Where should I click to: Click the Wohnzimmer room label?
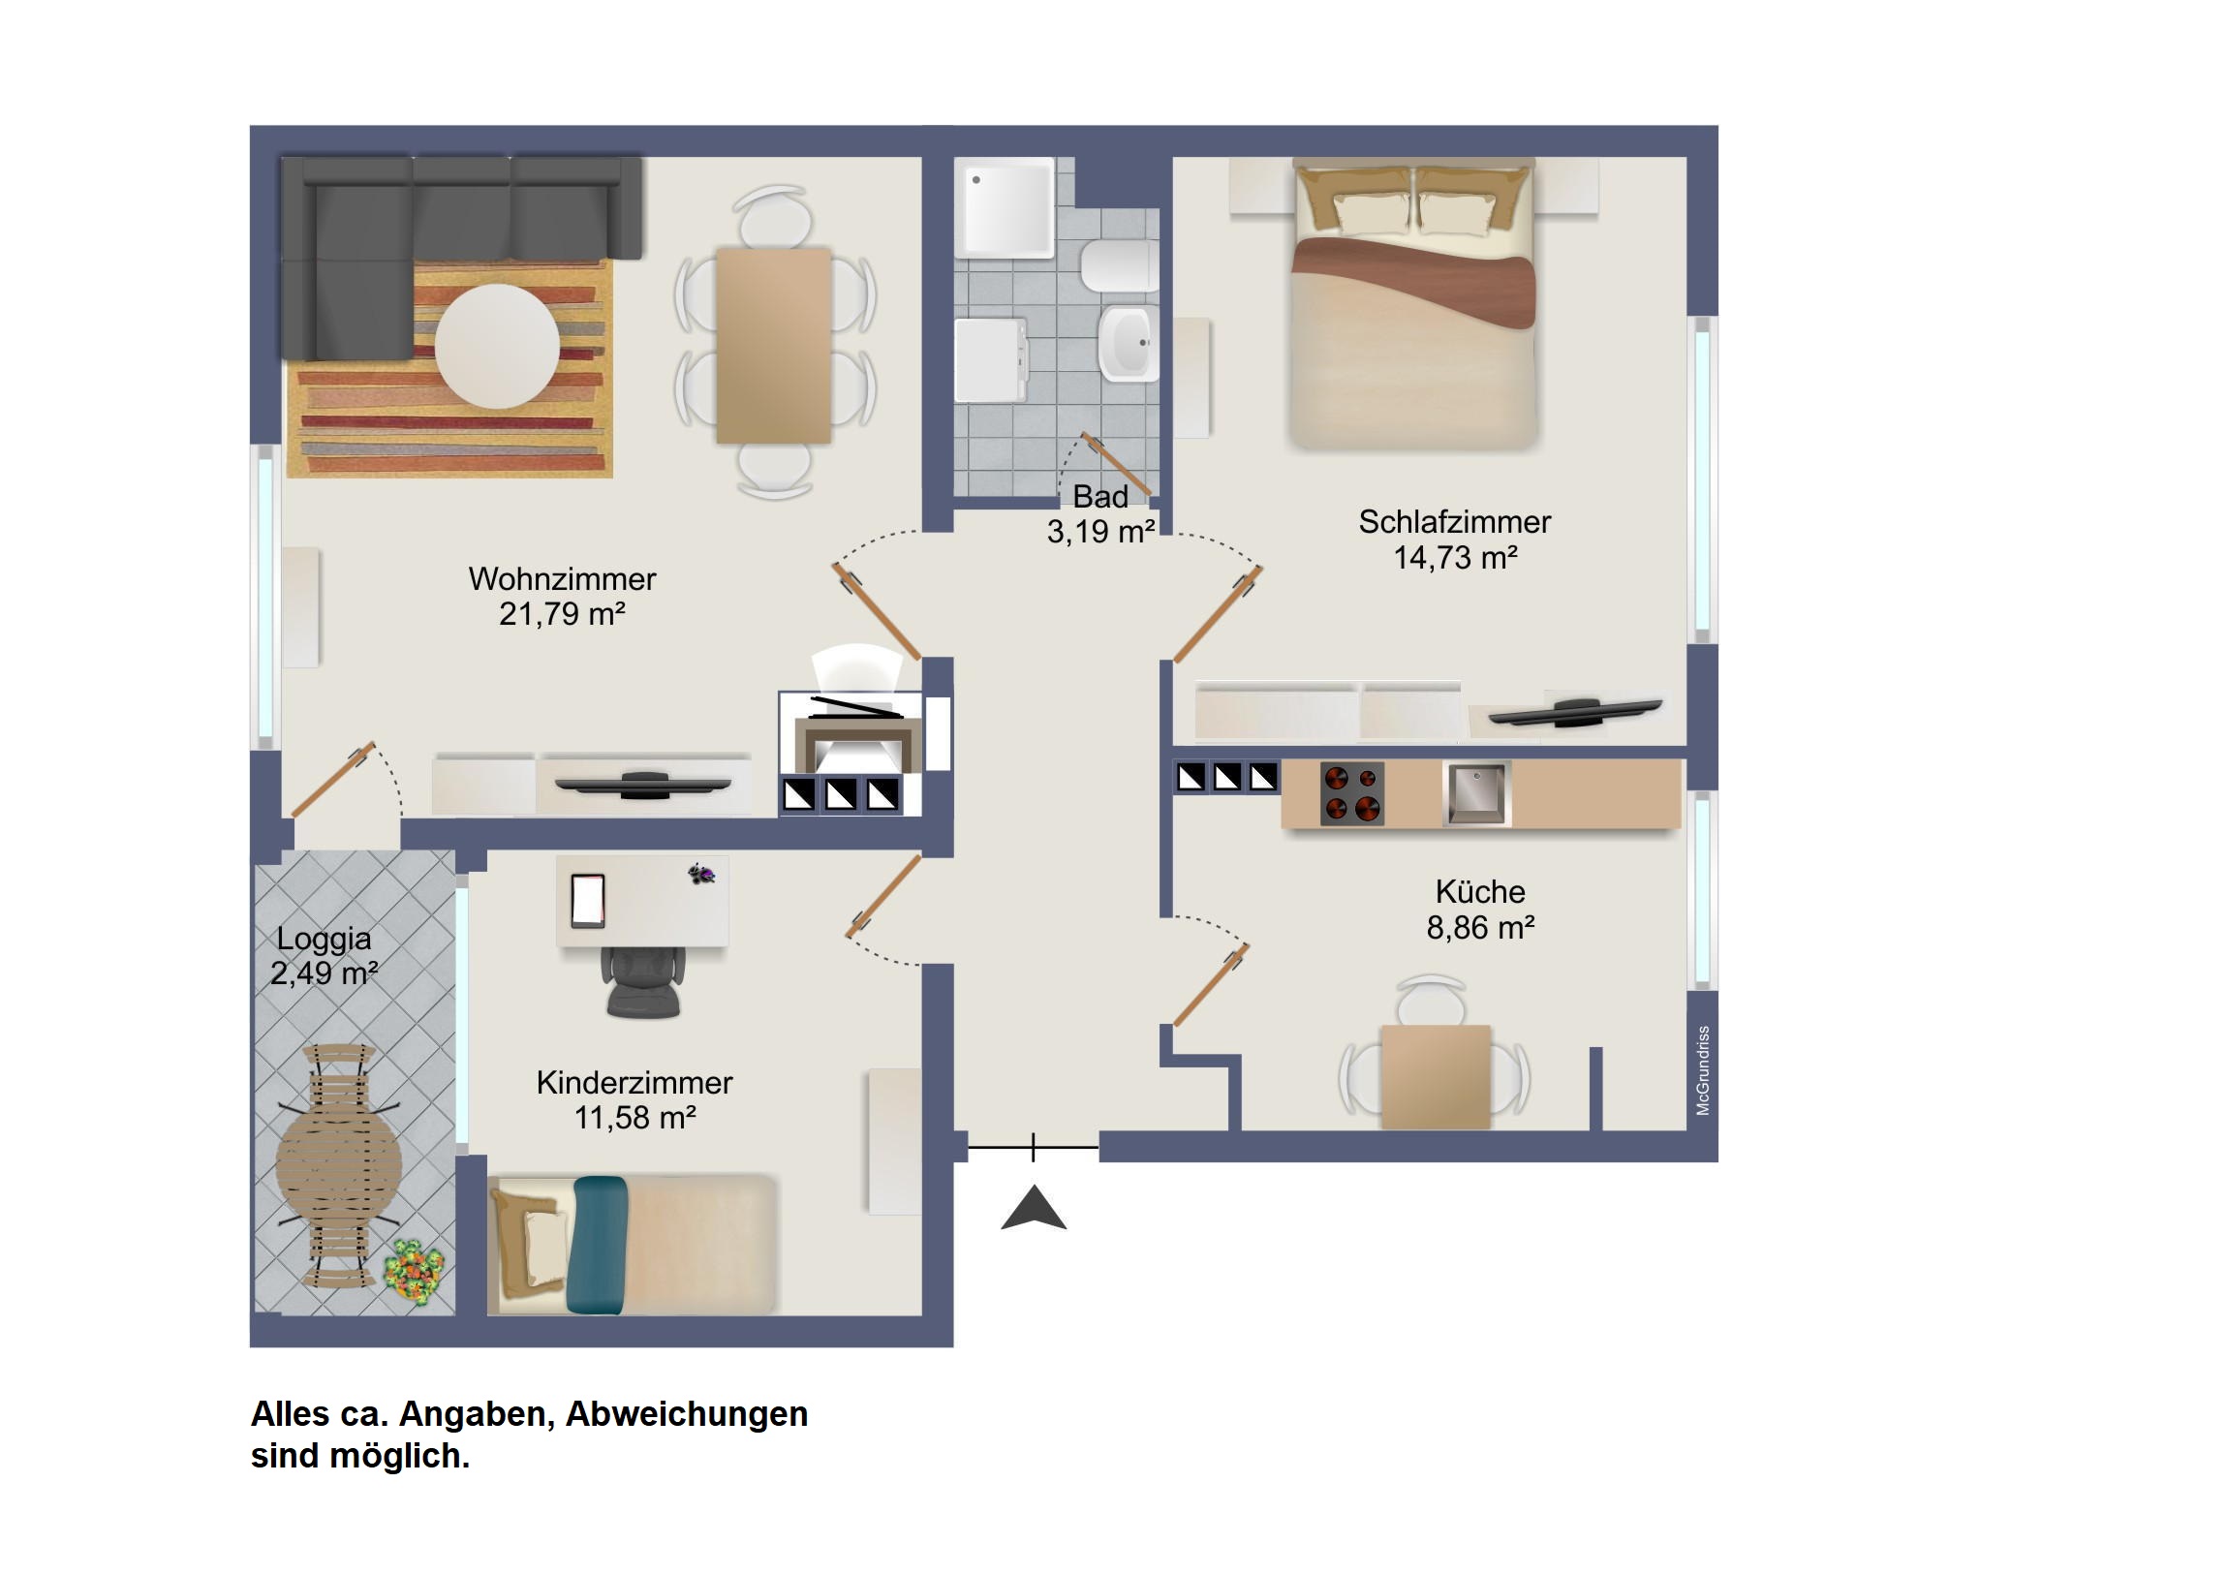click(x=562, y=579)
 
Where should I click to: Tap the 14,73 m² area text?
click(x=1456, y=558)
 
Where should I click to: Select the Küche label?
click(x=1480, y=891)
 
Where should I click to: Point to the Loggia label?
click(x=325, y=939)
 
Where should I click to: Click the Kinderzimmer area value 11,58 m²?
click(x=635, y=1118)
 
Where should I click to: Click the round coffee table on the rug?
click(x=497, y=346)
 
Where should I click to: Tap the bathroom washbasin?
click(x=1129, y=343)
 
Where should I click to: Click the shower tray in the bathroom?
click(x=1004, y=207)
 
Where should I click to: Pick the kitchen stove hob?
click(x=1351, y=793)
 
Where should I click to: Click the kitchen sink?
click(x=1476, y=793)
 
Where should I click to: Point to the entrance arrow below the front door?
click(x=1034, y=1207)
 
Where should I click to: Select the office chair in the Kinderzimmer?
click(x=642, y=981)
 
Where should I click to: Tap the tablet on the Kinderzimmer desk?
click(x=587, y=900)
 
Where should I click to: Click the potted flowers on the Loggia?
click(x=415, y=1270)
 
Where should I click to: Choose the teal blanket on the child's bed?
click(x=599, y=1245)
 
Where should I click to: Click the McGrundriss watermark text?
click(x=1702, y=1070)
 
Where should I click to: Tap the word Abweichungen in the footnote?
click(x=686, y=1414)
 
